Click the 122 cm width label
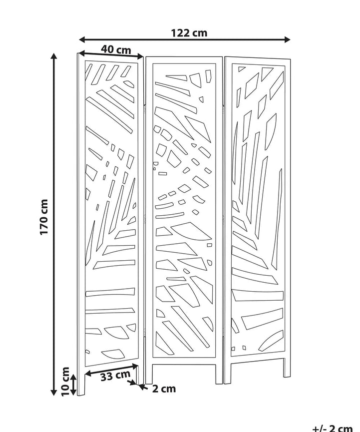189,33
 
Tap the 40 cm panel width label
116,49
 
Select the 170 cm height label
44,217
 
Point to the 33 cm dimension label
115,376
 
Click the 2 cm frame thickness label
164,389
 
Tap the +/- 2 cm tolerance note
333,428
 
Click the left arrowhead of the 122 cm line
82,39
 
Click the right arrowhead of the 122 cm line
287,39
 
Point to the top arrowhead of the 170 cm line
54,56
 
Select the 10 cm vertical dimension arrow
73,385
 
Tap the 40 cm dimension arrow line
111,55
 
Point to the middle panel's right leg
219,374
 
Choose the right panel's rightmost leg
287,368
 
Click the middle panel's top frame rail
184,60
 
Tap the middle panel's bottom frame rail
184,361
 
